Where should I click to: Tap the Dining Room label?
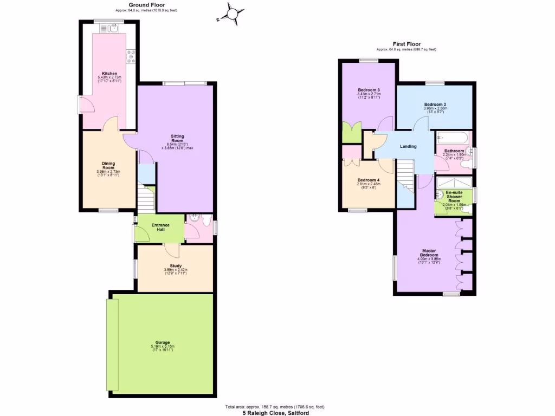(108, 166)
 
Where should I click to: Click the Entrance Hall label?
(160, 227)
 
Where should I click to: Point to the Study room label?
(175, 266)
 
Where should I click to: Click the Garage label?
(163, 342)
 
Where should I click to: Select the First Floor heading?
(406, 44)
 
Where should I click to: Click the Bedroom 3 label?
(369, 90)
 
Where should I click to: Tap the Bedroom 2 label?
(435, 104)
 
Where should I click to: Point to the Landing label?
(408, 147)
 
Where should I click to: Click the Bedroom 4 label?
(369, 180)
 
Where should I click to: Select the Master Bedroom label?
(429, 253)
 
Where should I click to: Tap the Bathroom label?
(454, 151)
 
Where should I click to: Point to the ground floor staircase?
(146, 199)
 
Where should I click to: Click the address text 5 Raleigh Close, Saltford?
(276, 413)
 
